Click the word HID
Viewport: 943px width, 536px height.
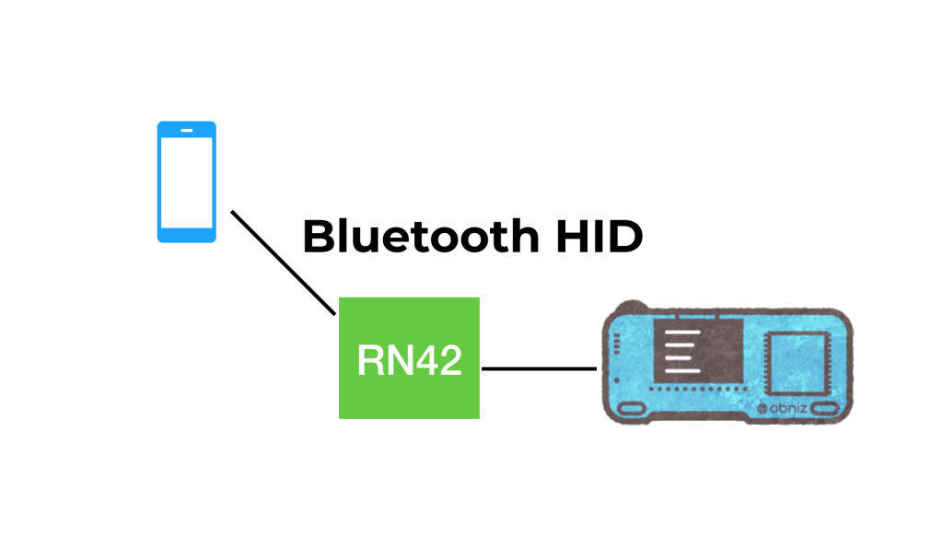(600, 236)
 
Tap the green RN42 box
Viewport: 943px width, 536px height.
(409, 358)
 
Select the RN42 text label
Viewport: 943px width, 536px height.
(410, 360)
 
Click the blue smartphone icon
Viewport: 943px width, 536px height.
(186, 181)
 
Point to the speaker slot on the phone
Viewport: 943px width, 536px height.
(187, 130)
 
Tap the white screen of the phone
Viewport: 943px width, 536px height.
(186, 183)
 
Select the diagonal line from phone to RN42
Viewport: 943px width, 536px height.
(284, 262)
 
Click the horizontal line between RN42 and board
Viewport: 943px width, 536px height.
(539, 368)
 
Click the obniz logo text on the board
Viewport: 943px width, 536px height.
(782, 409)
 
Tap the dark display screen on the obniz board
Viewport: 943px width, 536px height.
(698, 351)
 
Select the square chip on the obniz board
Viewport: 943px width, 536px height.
(797, 364)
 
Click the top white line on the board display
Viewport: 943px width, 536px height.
(682, 332)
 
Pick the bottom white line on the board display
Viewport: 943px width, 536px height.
(682, 370)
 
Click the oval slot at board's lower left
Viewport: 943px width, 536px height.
(632, 409)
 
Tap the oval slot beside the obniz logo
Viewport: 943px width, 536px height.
(824, 409)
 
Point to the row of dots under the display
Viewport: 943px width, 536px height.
(700, 390)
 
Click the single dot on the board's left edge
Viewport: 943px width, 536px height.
(616, 380)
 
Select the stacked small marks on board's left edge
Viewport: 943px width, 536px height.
(616, 344)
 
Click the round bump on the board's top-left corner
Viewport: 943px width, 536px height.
(631, 307)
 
